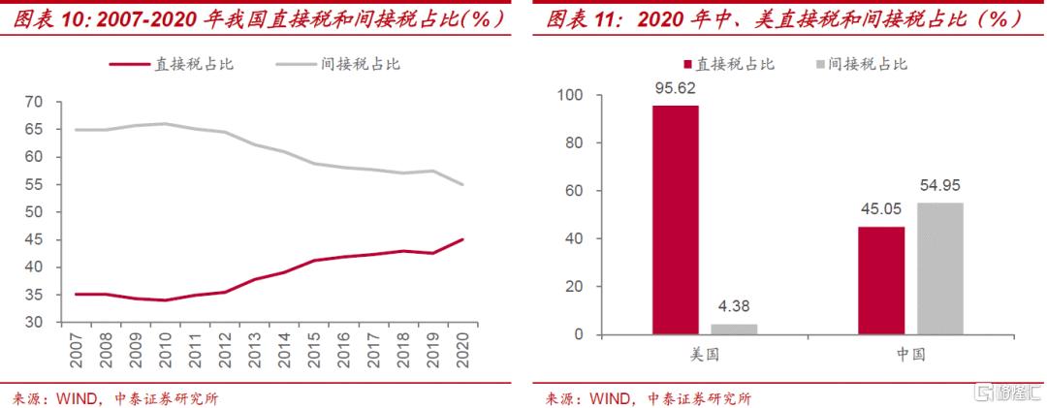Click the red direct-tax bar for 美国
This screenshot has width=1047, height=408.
tap(675, 220)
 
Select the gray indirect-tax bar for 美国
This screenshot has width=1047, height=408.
tap(734, 330)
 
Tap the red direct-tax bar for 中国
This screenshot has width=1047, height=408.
tap(880, 281)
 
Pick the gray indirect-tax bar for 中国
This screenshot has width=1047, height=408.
tap(939, 268)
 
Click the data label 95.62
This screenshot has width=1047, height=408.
tap(675, 88)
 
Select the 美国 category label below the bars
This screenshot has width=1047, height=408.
tap(705, 356)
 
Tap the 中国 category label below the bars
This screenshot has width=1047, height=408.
tap(910, 356)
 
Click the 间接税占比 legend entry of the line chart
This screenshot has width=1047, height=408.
tap(359, 64)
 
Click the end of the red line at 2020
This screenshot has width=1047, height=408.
tap(462, 239)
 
